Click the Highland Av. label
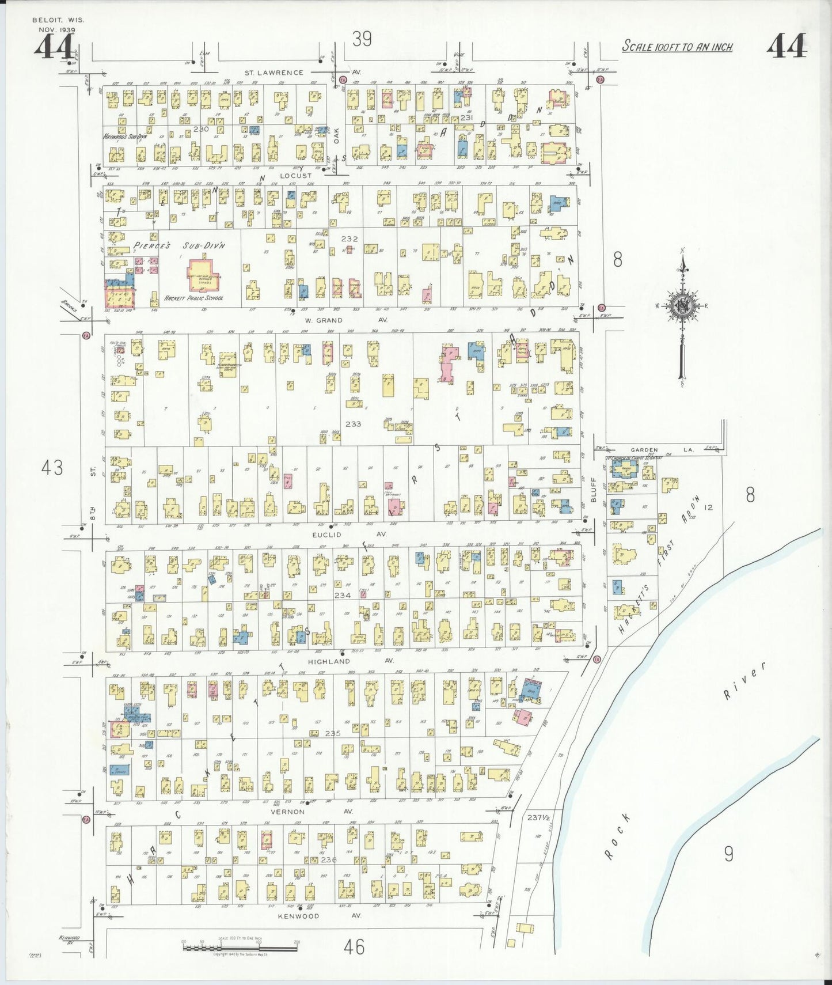pyautogui.click(x=349, y=661)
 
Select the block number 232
pyautogui.click(x=349, y=238)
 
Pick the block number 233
pyautogui.click(x=353, y=423)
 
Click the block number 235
pyautogui.click(x=333, y=733)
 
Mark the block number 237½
pyautogui.click(x=539, y=817)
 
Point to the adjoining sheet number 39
pyautogui.click(x=362, y=39)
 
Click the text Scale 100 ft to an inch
pyautogui.click(x=677, y=47)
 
